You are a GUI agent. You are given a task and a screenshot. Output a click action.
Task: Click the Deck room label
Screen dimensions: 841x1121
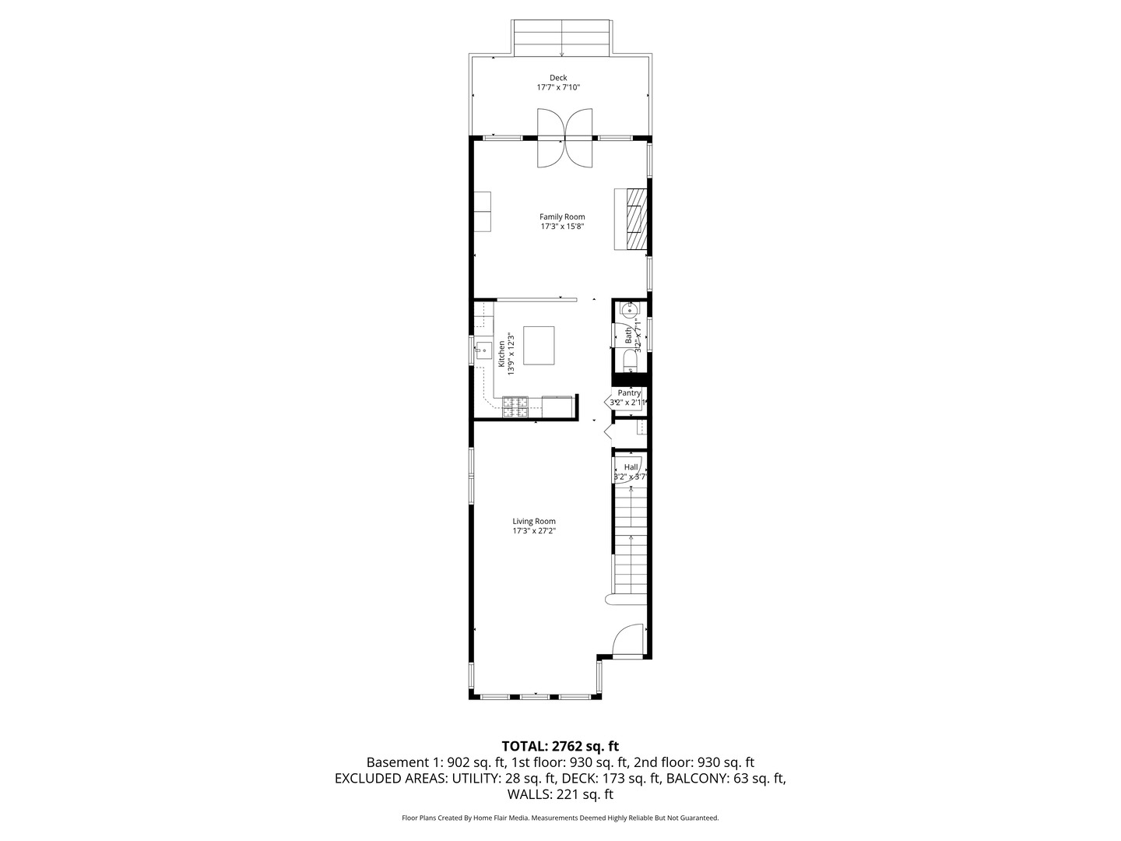(558, 77)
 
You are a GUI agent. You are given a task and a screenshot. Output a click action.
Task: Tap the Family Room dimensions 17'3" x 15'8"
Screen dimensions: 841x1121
(562, 227)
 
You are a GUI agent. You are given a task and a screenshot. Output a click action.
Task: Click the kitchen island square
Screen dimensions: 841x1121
(539, 346)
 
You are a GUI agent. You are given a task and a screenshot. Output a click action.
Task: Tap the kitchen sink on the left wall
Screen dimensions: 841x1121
(484, 350)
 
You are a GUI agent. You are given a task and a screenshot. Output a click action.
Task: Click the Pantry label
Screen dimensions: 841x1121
(629, 393)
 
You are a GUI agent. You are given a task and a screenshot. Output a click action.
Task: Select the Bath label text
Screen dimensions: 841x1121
(628, 335)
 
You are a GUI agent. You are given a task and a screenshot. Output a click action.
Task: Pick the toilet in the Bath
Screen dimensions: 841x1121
(629, 361)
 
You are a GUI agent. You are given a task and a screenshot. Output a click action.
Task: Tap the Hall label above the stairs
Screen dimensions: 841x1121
(631, 466)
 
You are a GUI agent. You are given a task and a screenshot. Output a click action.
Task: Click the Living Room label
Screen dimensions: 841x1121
(534, 521)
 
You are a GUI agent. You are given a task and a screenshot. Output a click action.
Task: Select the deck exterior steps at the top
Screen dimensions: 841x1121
(562, 39)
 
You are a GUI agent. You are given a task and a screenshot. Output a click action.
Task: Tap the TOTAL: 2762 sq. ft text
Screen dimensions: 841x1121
(560, 746)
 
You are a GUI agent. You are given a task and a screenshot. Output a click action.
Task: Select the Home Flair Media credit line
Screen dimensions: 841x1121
(560, 818)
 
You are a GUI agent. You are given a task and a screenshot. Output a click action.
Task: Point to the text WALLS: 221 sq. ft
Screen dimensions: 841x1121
(560, 794)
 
